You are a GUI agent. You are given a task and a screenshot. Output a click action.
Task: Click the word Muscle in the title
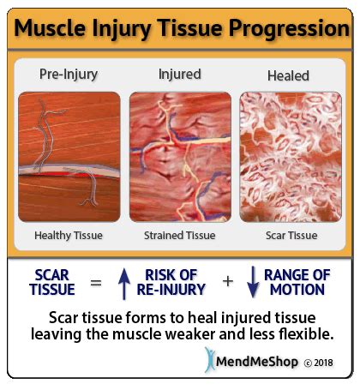click(x=51, y=28)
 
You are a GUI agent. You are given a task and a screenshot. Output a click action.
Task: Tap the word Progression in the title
click(x=289, y=29)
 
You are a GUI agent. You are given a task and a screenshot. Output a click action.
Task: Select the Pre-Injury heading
click(x=69, y=75)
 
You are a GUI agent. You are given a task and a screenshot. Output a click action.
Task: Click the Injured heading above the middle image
click(x=180, y=75)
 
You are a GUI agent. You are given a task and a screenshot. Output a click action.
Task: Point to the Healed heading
click(x=288, y=76)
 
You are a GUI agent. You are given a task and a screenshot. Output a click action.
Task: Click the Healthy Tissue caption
click(x=69, y=236)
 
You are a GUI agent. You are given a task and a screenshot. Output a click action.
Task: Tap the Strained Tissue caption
click(x=180, y=236)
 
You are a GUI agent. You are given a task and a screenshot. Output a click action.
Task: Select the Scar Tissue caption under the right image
click(x=291, y=236)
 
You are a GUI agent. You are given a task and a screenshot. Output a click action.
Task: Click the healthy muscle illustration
click(x=69, y=157)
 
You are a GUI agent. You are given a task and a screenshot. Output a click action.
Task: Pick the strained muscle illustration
click(x=180, y=157)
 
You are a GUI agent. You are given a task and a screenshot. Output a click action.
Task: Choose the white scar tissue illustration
click(x=291, y=157)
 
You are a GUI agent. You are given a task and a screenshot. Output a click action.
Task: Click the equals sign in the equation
click(x=96, y=283)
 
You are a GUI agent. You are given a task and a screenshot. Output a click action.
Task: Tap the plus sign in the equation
click(x=228, y=282)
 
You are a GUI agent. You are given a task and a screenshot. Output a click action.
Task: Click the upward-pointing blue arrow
click(x=124, y=284)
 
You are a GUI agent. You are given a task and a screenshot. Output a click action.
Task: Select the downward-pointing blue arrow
click(x=253, y=282)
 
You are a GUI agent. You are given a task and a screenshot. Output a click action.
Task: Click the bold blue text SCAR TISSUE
click(x=52, y=282)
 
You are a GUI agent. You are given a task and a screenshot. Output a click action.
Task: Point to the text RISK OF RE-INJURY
click(x=171, y=282)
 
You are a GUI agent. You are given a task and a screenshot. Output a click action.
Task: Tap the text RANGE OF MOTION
click(x=297, y=282)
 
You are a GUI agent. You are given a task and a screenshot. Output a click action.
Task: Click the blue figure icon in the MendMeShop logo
click(x=210, y=359)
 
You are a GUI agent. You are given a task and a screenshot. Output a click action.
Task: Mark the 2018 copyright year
click(x=323, y=363)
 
